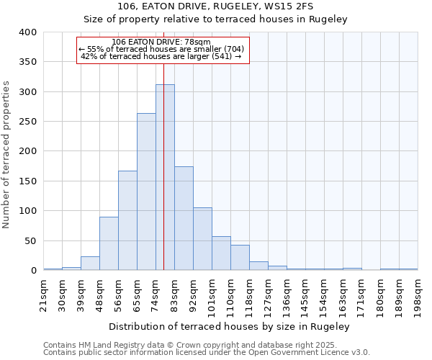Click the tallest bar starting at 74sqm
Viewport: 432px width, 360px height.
(x=165, y=177)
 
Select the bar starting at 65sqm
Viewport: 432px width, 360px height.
(x=146, y=192)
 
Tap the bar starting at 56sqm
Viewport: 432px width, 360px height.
(x=127, y=220)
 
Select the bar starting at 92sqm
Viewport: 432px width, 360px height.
(x=202, y=239)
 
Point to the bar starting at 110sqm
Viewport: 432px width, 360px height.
(x=240, y=258)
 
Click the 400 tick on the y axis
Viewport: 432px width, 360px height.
(x=27, y=32)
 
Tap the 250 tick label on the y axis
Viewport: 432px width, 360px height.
(x=27, y=122)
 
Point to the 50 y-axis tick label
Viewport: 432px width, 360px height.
(x=30, y=240)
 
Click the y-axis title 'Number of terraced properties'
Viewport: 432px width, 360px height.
(x=7, y=154)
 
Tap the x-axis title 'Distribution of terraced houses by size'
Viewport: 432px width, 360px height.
(x=230, y=326)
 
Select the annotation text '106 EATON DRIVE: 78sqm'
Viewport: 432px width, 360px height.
(x=162, y=42)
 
